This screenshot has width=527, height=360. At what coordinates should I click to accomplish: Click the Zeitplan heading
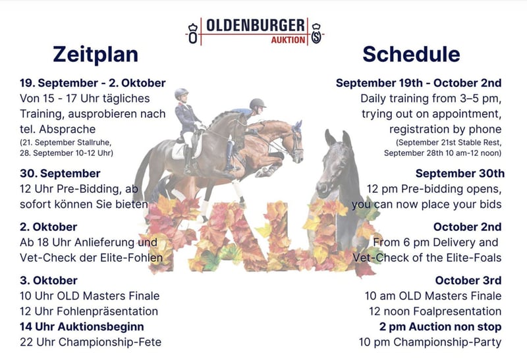click(x=96, y=55)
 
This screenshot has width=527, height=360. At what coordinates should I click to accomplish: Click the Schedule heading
click(x=411, y=55)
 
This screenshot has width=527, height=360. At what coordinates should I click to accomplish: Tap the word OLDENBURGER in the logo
click(x=256, y=26)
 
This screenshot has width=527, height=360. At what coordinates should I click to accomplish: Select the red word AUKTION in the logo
click(x=288, y=40)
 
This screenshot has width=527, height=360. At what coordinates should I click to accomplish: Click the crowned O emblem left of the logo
click(x=193, y=34)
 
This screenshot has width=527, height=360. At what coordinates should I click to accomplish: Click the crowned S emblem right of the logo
click(x=316, y=34)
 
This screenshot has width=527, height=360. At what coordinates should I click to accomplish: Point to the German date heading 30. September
click(x=60, y=174)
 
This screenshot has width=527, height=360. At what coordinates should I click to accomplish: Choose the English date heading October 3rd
click(x=468, y=280)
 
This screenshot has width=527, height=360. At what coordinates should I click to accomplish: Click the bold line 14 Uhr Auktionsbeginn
click(x=82, y=326)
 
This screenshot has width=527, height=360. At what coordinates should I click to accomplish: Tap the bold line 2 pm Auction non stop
click(x=440, y=326)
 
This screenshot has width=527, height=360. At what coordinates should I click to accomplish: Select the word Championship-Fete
click(x=110, y=342)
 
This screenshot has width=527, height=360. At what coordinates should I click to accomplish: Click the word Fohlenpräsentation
click(x=107, y=311)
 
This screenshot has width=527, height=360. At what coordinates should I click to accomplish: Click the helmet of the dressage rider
click(x=181, y=93)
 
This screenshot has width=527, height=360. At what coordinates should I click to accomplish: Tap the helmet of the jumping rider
click(x=258, y=103)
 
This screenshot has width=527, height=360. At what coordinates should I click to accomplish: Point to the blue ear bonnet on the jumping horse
click(x=297, y=127)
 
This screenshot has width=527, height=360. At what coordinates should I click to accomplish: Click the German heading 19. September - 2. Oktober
click(x=93, y=83)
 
